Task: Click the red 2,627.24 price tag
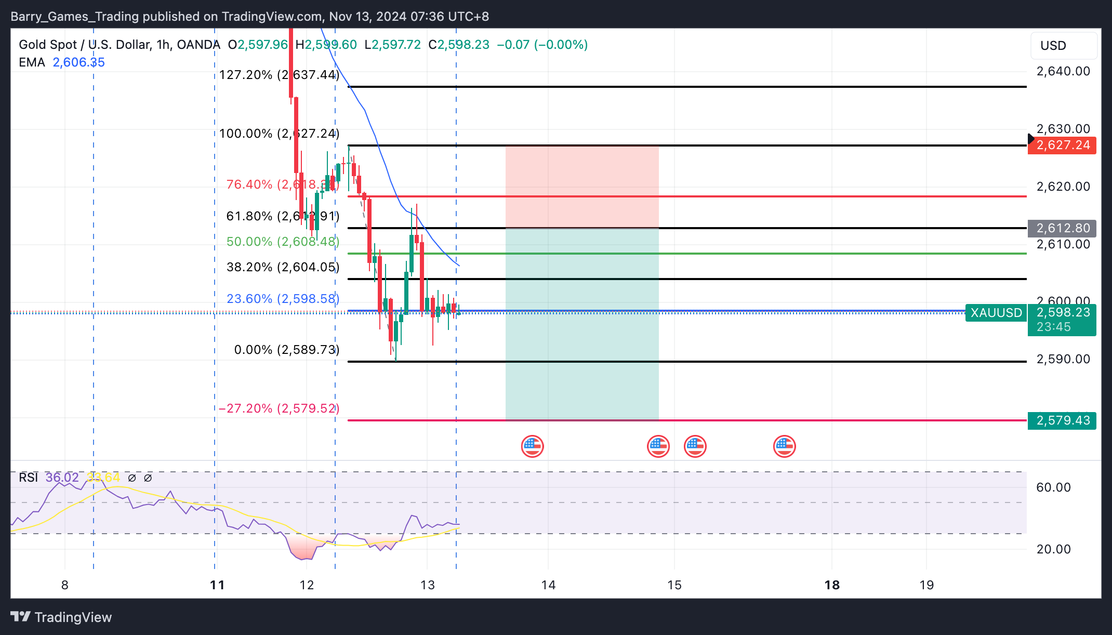tap(1062, 145)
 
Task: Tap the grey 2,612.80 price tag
tap(1062, 228)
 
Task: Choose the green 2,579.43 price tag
tap(1062, 420)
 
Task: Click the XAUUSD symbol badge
tap(996, 313)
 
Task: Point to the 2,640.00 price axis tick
tap(1063, 71)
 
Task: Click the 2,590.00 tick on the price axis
tap(1063, 359)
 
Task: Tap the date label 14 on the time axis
tap(548, 585)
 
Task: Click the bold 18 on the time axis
tap(832, 585)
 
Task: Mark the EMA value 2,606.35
tap(79, 62)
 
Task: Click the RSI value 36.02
tap(62, 478)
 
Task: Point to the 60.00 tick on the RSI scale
tap(1053, 487)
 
